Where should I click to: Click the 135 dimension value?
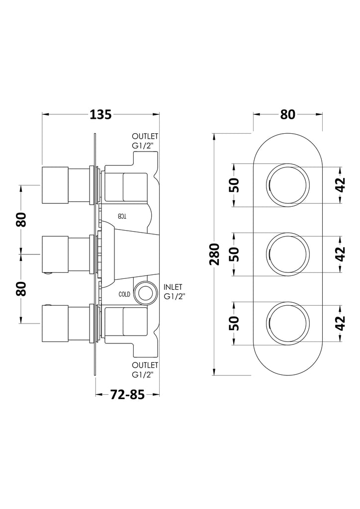coord(100,114)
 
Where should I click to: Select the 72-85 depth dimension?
coord(127,394)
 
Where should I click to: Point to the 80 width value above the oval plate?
coord(287,114)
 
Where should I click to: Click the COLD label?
coord(124,294)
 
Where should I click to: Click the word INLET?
coord(173,287)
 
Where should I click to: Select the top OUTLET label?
coord(145,136)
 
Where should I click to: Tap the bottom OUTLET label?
coord(145,365)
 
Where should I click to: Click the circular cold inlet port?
coord(145,293)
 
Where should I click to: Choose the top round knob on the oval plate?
coord(287,185)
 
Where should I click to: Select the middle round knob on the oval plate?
coord(287,254)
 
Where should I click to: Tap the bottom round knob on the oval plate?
coord(287,323)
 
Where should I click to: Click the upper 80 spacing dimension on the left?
coord(21,220)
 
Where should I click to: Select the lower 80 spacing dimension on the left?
coord(21,289)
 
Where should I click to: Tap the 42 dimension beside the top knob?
coord(340,185)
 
